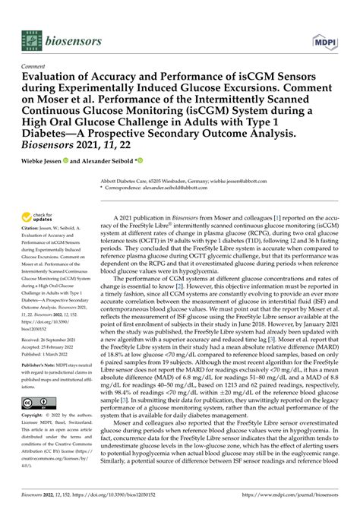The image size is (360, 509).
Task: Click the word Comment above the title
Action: tap(36, 66)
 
